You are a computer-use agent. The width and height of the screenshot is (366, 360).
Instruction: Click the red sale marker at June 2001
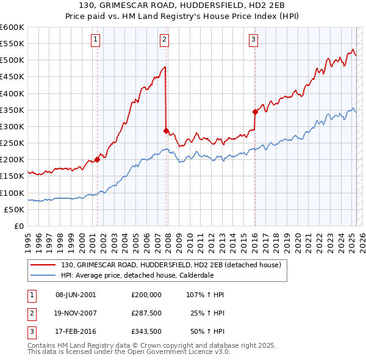[97, 160]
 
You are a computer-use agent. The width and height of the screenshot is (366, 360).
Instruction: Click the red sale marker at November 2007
[166, 131]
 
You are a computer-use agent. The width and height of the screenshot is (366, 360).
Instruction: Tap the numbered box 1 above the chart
[96, 40]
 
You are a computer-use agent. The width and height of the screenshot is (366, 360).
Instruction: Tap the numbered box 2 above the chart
[165, 40]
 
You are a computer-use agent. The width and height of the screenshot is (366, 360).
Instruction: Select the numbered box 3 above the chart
[253, 40]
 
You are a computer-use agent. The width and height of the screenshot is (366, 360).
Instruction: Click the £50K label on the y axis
[14, 210]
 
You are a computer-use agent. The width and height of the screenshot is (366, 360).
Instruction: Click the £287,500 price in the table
[146, 314]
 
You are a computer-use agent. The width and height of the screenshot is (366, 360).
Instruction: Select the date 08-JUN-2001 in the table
[75, 295]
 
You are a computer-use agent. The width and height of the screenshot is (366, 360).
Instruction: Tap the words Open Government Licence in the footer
[181, 352]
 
